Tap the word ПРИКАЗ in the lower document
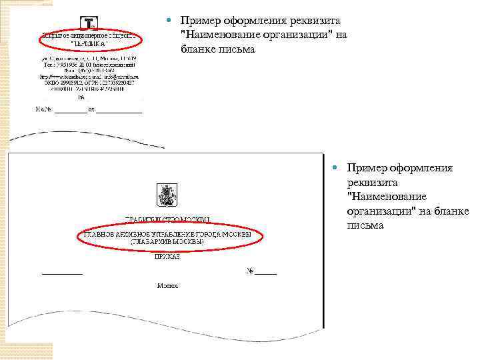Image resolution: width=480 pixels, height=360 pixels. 167,255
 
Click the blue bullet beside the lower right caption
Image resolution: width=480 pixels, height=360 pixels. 338,168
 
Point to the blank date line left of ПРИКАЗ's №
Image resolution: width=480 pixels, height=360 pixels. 63,273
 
